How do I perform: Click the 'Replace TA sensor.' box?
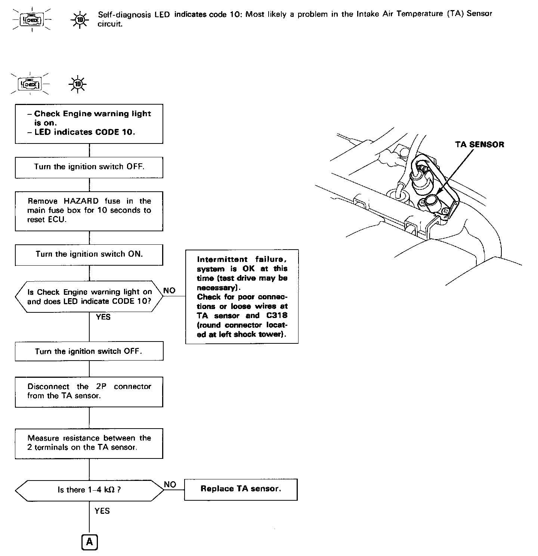pyautogui.click(x=241, y=489)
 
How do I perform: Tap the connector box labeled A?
pyautogui.click(x=89, y=542)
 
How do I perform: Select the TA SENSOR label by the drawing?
pyautogui.click(x=479, y=145)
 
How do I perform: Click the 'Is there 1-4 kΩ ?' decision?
pyautogui.click(x=89, y=490)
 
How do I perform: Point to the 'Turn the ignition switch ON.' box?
pyautogui.click(x=89, y=254)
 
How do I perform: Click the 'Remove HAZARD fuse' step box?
pyautogui.click(x=89, y=211)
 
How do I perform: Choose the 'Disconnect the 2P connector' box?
pyautogui.click(x=89, y=391)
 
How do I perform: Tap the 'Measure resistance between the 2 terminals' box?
pyautogui.click(x=89, y=443)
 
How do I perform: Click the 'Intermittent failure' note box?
pyautogui.click(x=242, y=296)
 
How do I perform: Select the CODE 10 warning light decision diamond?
pyautogui.click(x=89, y=297)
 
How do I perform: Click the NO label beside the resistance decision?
pyautogui.click(x=170, y=485)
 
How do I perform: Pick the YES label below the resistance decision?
pyautogui.click(x=102, y=511)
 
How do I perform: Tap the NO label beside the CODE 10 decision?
pyautogui.click(x=169, y=291)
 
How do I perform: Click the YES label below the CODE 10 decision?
pyautogui.click(x=103, y=317)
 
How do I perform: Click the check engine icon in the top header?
pyautogui.click(x=32, y=19)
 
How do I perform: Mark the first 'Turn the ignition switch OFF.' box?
pyautogui.click(x=89, y=167)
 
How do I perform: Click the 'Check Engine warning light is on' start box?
pyautogui.click(x=89, y=123)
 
